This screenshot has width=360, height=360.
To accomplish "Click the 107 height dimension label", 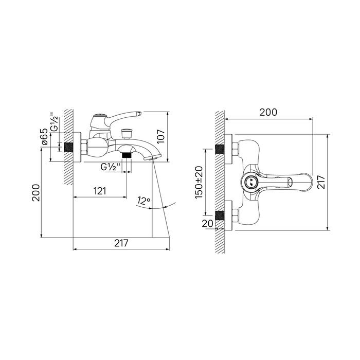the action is click(161, 136).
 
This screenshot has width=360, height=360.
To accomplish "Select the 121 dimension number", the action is click(100, 191).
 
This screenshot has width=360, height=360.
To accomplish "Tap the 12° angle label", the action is click(143, 201).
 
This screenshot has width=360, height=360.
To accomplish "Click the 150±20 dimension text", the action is click(199, 182).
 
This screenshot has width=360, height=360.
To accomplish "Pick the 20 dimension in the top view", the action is click(208, 223).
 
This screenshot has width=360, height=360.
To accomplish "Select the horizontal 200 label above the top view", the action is click(268, 112).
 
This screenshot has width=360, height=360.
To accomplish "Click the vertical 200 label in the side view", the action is click(36, 193).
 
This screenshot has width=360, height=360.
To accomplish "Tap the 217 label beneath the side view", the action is click(121, 243).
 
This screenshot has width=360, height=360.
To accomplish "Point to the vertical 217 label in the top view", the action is click(321, 182).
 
